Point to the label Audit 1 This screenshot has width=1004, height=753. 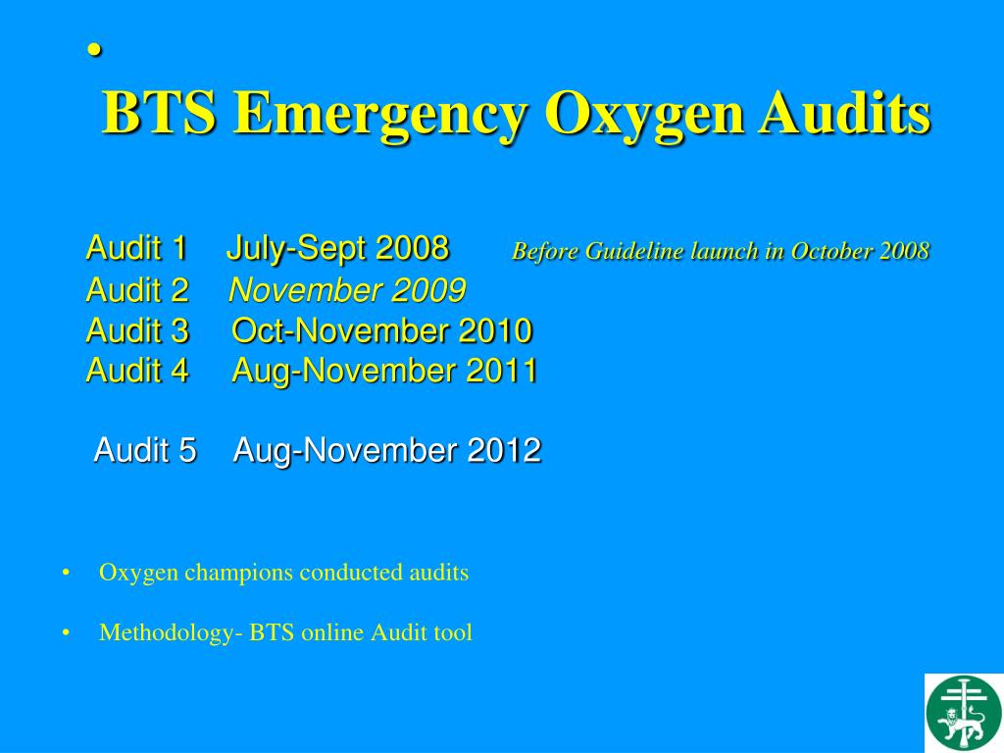136,248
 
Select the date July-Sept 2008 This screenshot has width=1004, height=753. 337,248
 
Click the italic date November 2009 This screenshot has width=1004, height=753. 347,290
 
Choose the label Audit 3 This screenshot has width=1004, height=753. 137,331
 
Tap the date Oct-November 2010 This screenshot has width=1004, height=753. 382,331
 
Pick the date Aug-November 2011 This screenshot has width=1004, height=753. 384,371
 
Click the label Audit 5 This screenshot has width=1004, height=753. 145,451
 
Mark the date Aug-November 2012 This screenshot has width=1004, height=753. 387,451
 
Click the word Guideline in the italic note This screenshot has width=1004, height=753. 624,252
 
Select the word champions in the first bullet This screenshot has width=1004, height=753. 237,573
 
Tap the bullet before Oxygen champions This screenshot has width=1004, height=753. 66,574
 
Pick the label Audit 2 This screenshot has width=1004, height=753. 137,290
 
